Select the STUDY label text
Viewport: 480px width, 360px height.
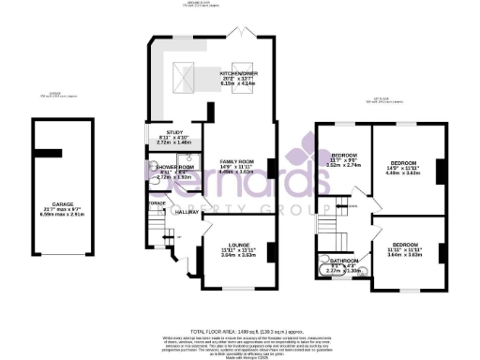coord(173,133)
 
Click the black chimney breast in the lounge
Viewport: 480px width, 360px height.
coord(272,251)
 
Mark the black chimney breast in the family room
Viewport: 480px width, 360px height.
coord(272,169)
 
